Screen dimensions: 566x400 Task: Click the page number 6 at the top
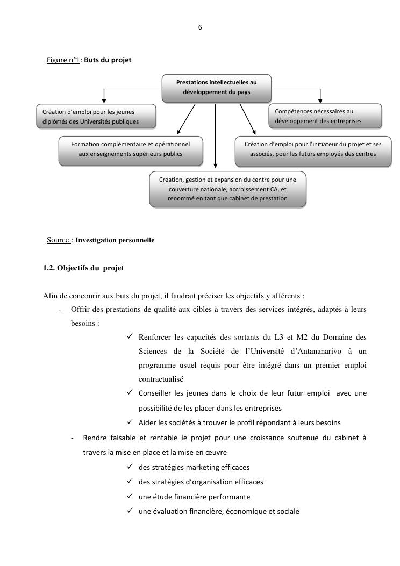coord(200,27)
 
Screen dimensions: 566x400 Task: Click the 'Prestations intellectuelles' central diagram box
coord(217,87)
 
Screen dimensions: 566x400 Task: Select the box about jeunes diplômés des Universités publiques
coord(96,117)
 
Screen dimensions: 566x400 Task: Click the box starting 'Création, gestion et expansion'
coord(228,189)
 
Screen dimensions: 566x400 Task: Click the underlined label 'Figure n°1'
coord(63,60)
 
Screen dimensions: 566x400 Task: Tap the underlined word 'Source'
coord(58,240)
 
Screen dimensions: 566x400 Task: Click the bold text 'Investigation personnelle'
coord(115,240)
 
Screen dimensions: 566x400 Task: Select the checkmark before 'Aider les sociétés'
coord(130,422)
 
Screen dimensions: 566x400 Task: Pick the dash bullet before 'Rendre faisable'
coord(73,438)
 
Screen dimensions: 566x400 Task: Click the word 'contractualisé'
coord(158,379)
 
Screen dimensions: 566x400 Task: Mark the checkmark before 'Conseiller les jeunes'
coord(130,393)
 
